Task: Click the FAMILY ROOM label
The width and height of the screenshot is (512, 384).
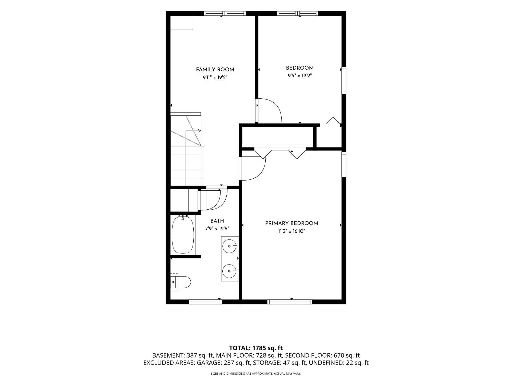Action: click(x=215, y=70)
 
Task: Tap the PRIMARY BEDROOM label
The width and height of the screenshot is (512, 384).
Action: click(x=291, y=223)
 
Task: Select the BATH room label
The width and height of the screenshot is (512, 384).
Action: click(x=217, y=221)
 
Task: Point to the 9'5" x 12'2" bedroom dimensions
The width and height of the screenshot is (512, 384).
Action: click(x=300, y=76)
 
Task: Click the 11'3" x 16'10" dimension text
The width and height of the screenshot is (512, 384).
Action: click(x=291, y=231)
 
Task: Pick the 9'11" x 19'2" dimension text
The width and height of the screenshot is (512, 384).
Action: click(x=215, y=78)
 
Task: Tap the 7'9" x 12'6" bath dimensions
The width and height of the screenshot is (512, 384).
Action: click(x=217, y=229)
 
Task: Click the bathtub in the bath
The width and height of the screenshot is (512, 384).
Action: click(x=183, y=234)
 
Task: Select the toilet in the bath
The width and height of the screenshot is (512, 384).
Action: click(x=181, y=282)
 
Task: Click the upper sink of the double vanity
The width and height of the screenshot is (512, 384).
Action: click(x=230, y=246)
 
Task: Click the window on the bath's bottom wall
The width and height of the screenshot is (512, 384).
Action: click(x=205, y=302)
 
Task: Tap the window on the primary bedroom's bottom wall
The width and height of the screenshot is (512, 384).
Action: click(x=290, y=302)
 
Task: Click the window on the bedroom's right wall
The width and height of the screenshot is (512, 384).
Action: click(x=344, y=80)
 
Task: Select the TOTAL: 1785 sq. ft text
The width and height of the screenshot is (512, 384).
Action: click(x=256, y=348)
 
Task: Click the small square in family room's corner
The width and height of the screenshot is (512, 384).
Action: click(x=182, y=23)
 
